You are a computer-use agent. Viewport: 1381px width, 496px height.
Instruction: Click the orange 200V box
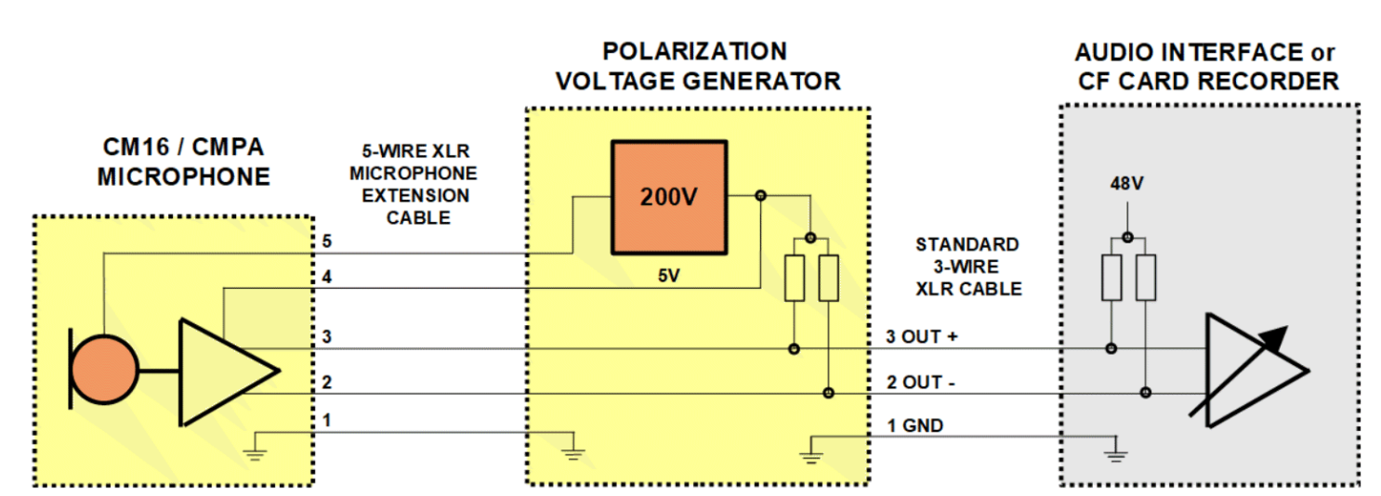[668, 197]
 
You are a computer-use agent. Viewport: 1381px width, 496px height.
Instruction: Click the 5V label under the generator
[667, 276]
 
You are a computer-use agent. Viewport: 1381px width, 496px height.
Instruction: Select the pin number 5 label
[326, 241]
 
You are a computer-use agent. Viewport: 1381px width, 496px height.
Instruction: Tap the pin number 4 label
[326, 277]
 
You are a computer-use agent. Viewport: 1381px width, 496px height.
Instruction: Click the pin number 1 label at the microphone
[326, 421]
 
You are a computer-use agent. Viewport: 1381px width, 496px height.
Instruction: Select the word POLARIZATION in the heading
[694, 51]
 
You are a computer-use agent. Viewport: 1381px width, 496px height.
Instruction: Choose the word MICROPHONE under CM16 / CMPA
[183, 176]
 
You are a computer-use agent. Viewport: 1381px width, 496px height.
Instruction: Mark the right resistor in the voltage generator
[828, 278]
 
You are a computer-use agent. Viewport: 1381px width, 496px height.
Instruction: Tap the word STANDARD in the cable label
[967, 245]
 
